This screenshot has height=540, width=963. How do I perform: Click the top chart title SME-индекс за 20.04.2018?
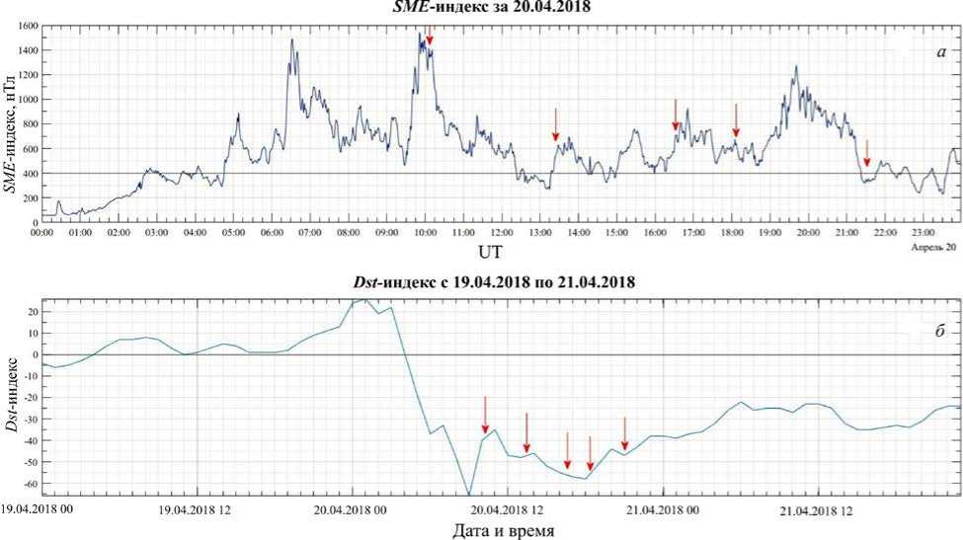pyautogui.click(x=481, y=8)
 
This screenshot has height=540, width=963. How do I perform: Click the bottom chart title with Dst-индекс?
pyautogui.click(x=481, y=281)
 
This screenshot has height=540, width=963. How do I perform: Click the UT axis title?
pyautogui.click(x=490, y=253)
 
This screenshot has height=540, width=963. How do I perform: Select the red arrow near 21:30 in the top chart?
pyautogui.click(x=866, y=153)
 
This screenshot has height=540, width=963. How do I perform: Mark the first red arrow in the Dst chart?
pyautogui.click(x=485, y=414)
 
